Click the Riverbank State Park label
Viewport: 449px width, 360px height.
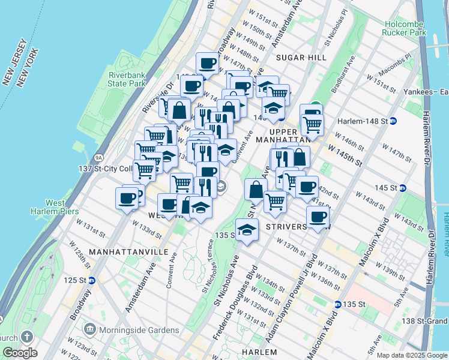tap(127, 79)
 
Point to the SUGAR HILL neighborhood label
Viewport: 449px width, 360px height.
tap(301, 58)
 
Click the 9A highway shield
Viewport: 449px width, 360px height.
tap(82, 158)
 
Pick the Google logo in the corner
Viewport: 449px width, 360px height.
tap(19, 353)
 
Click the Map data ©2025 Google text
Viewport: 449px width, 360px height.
tap(412, 355)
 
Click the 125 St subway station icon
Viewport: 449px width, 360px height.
tap(91, 280)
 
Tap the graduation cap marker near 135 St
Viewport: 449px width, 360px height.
tap(247, 229)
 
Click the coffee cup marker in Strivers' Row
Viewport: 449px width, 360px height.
tap(318, 217)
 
